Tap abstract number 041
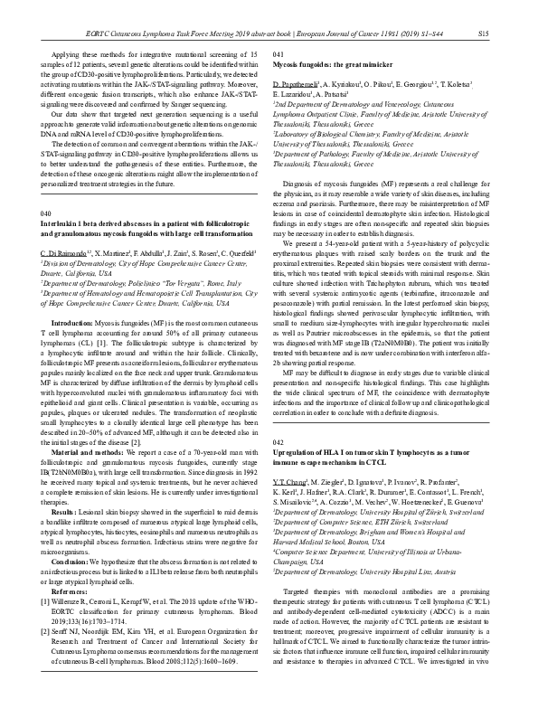click(x=278, y=54)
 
